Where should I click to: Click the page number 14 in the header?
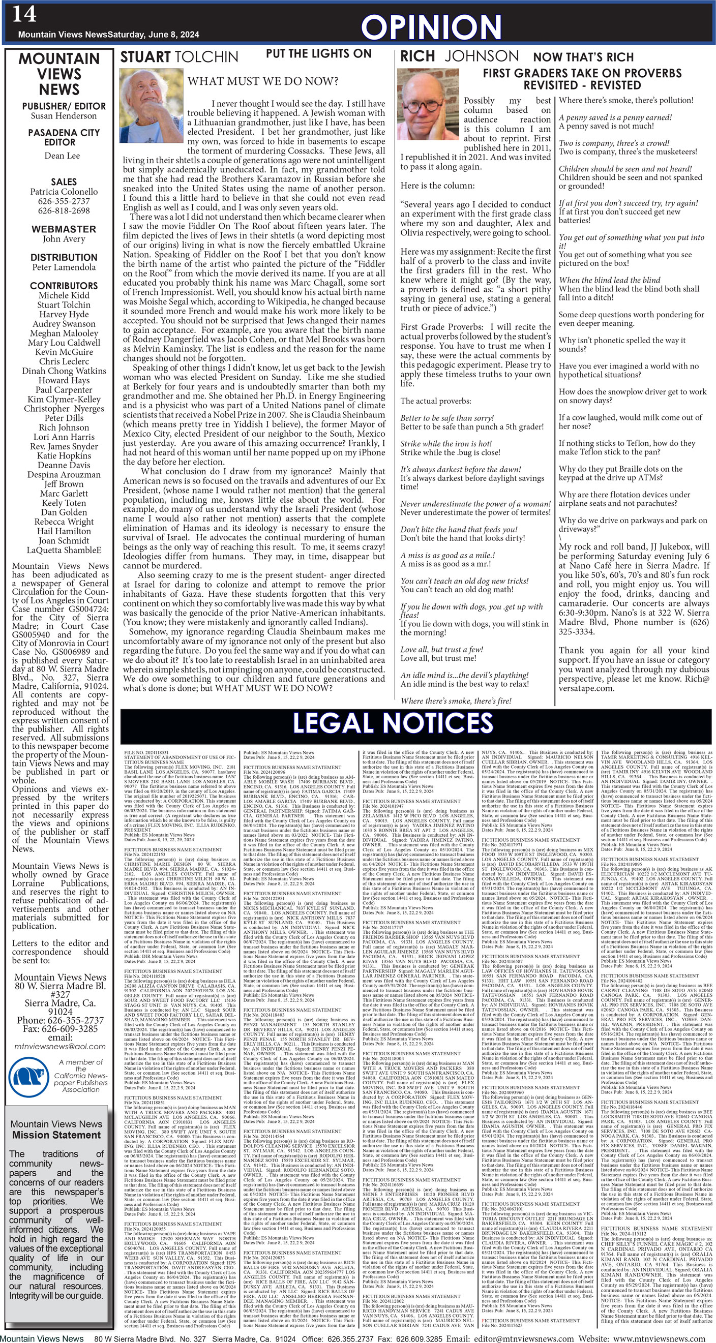click(24, 14)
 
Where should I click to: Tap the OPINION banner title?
click(431, 26)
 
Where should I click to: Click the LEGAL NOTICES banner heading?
click(393, 723)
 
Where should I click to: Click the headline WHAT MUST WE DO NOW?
click(263, 81)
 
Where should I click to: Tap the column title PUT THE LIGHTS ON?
click(319, 54)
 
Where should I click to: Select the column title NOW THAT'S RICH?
click(583, 57)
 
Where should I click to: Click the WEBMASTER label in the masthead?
click(64, 229)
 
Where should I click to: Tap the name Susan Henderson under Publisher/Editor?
click(64, 116)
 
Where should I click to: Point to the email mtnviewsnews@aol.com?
click(60, 1046)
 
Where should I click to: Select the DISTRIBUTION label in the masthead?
click(64, 257)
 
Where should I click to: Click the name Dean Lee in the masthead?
click(62, 156)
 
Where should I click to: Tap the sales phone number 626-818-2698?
click(64, 210)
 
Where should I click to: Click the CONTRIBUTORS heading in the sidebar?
click(64, 286)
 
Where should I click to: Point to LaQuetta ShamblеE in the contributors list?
click(64, 550)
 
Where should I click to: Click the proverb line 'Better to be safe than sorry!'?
click(447, 418)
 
